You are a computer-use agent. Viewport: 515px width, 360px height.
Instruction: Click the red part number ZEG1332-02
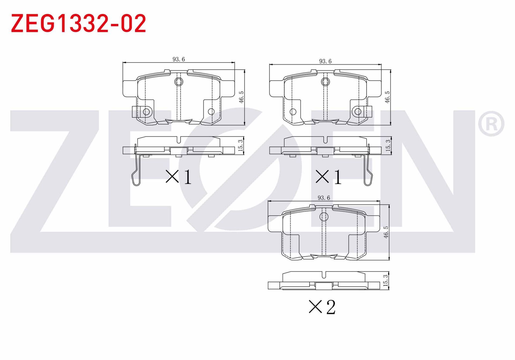(78, 24)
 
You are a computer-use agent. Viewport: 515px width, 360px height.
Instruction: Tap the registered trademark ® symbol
(491, 124)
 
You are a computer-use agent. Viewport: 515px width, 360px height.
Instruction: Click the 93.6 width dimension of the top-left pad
(179, 59)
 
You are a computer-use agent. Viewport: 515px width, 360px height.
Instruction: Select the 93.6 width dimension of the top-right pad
(325, 61)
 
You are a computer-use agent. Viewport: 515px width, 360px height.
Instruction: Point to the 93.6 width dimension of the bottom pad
(323, 198)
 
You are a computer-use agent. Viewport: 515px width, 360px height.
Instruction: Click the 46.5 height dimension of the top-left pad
(241, 97)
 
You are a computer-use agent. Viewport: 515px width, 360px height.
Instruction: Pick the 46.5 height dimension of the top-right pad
(388, 97)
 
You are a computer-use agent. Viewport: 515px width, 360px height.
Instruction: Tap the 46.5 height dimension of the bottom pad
(386, 232)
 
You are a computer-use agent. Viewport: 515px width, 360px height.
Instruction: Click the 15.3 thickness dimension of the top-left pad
(241, 145)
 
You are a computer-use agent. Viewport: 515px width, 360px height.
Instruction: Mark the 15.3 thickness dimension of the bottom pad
(386, 280)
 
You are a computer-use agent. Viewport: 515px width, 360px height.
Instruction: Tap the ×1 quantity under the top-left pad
(179, 177)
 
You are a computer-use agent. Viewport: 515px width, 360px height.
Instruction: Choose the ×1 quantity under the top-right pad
(328, 177)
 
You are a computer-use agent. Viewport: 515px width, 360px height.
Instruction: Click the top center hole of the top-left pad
(178, 81)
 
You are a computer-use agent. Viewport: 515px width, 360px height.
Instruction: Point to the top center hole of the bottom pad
(324, 217)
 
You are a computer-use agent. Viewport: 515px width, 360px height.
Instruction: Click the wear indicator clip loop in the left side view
(136, 179)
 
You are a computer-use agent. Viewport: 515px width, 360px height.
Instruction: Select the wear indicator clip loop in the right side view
(368, 179)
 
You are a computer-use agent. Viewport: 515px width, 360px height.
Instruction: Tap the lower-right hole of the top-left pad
(211, 111)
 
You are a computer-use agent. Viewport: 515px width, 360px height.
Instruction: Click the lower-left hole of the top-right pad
(293, 112)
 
